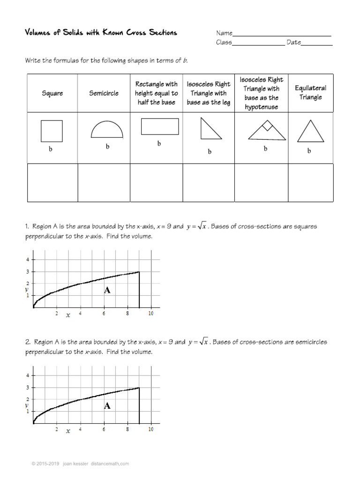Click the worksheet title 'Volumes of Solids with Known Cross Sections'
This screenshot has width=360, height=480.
[101, 32]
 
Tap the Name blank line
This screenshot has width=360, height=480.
[282, 34]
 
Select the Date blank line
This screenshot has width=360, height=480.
[317, 43]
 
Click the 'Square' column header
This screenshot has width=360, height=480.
[52, 93]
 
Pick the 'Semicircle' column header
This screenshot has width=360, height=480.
[104, 93]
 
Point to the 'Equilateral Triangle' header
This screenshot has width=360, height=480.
[310, 93]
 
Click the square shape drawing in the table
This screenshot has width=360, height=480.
[52, 131]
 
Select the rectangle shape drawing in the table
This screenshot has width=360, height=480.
[159, 127]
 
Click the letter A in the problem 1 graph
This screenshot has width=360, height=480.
[107, 291]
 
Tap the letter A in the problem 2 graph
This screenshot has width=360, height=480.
[107, 406]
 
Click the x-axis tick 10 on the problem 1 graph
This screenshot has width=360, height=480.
[150, 314]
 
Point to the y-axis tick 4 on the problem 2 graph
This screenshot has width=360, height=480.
[28, 375]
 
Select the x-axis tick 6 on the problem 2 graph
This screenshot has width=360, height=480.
[104, 429]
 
